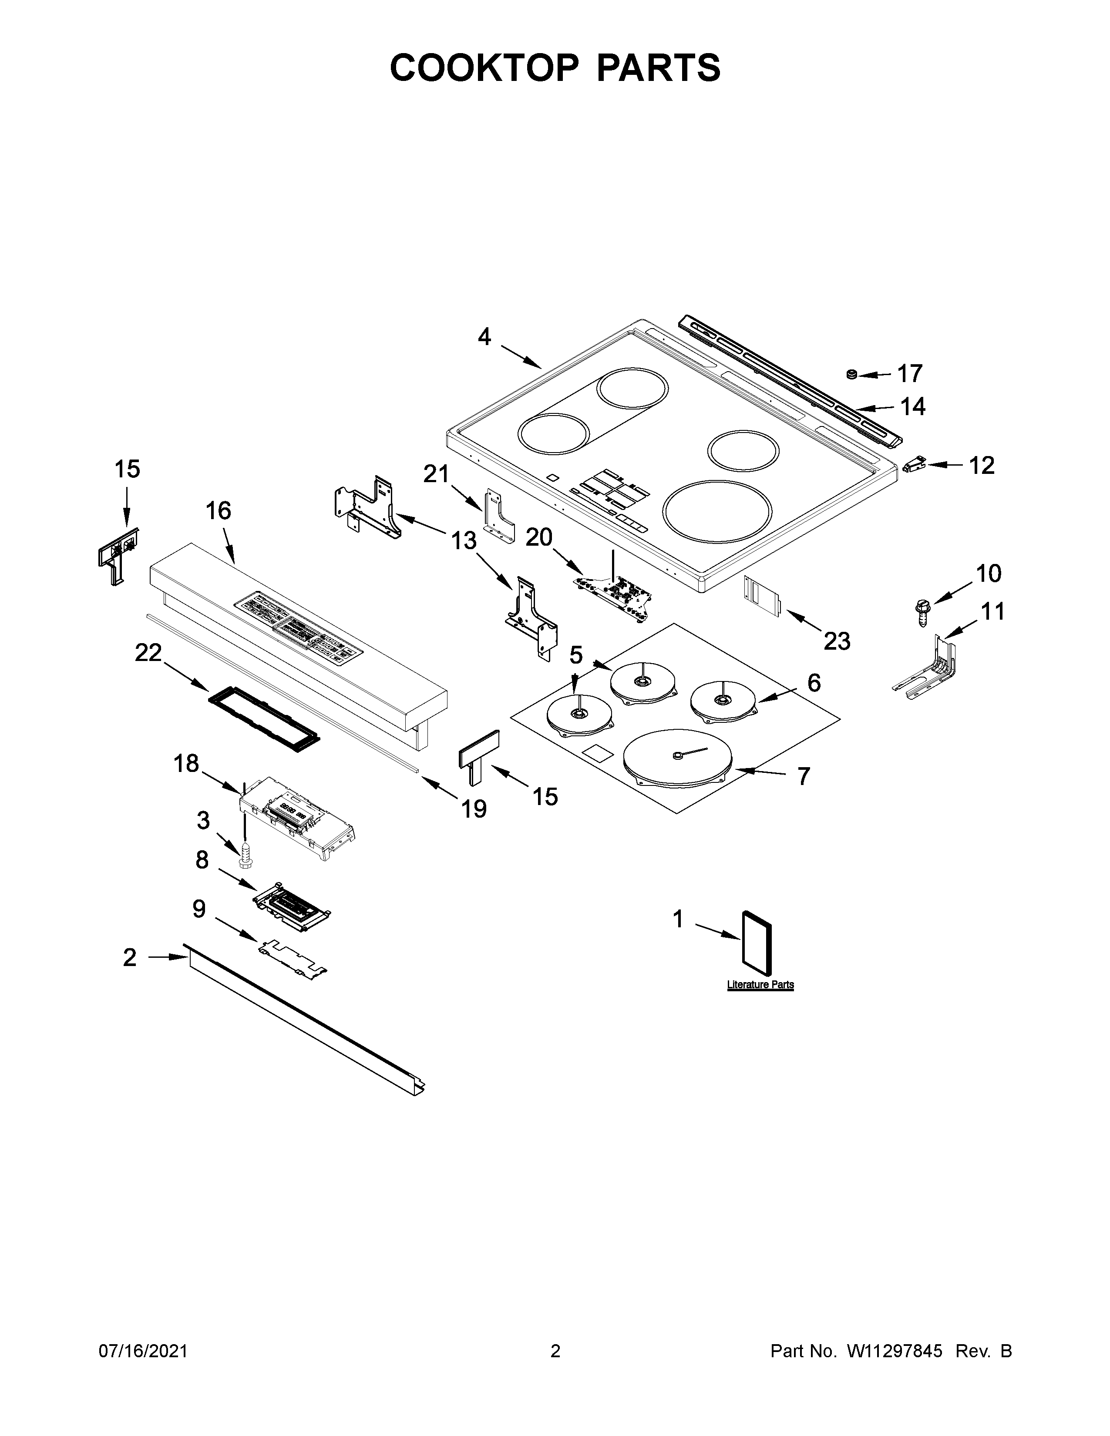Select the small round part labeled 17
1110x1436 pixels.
click(851, 374)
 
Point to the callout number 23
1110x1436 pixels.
click(837, 641)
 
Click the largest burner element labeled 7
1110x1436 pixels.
click(677, 759)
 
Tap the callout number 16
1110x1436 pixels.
click(219, 510)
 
